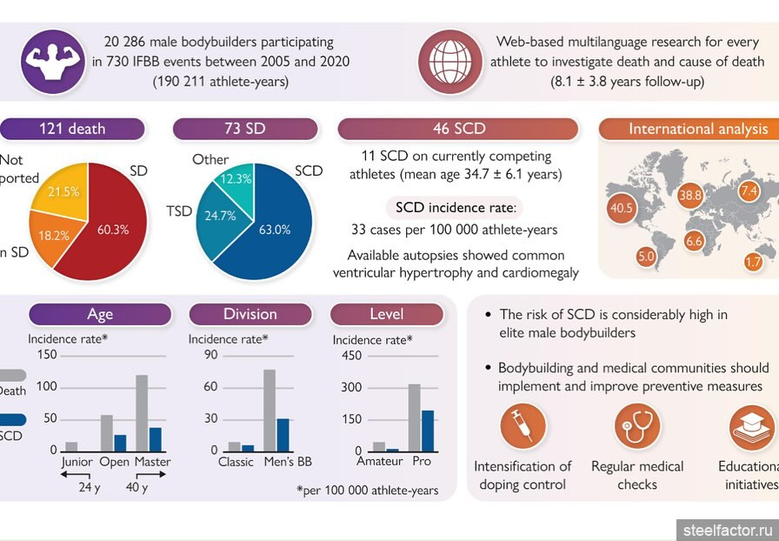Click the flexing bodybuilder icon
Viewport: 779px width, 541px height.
click(x=52, y=61)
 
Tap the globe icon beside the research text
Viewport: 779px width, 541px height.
click(x=449, y=61)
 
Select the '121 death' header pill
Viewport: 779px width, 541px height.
click(x=72, y=129)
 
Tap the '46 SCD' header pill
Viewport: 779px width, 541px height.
click(x=458, y=129)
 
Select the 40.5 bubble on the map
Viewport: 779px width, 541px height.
click(x=623, y=209)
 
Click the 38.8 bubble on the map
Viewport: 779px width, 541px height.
click(x=691, y=196)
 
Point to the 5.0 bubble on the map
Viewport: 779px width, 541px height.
click(x=645, y=257)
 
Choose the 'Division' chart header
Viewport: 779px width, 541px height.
click(x=250, y=314)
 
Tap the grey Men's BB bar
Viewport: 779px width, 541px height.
click(x=270, y=410)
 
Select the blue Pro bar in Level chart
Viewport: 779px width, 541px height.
click(x=428, y=430)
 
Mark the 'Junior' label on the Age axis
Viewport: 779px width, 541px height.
click(x=77, y=462)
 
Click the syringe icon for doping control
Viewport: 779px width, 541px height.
click(x=523, y=426)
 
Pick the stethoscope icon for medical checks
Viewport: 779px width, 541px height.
click(x=637, y=426)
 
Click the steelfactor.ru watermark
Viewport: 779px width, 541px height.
click(x=729, y=529)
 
